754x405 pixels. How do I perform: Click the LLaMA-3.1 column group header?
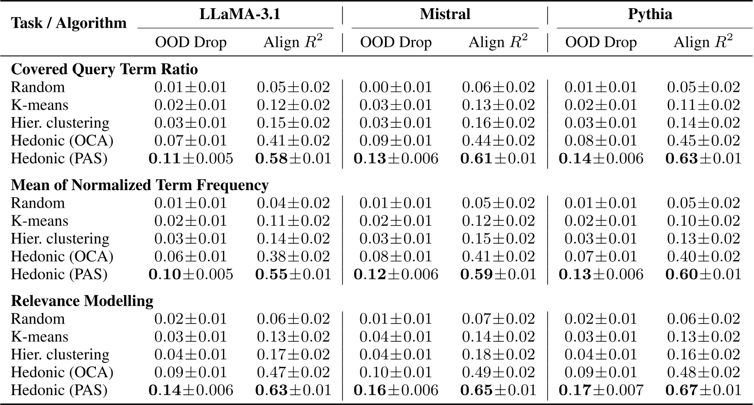236,14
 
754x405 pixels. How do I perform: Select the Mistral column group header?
445,14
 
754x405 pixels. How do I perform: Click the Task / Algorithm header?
69,23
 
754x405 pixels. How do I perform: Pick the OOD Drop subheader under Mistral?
395,42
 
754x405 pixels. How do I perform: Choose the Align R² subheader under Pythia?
703,42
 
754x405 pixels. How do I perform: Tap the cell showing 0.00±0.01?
395,88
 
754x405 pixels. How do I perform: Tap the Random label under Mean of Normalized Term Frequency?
38,203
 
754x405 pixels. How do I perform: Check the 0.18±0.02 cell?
498,355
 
